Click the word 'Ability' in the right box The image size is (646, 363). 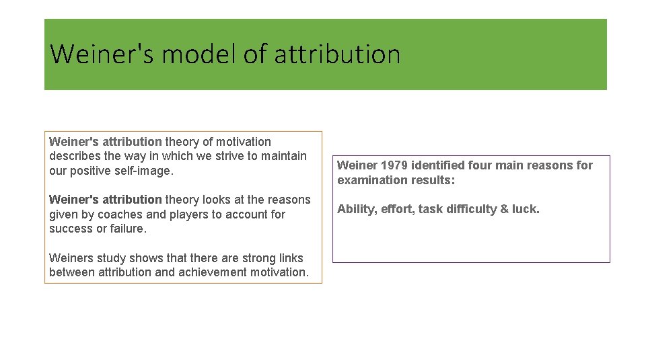(x=356, y=209)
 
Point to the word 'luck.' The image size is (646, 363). (x=526, y=209)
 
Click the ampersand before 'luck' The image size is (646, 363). (x=503, y=209)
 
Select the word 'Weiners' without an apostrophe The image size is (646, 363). (x=72, y=258)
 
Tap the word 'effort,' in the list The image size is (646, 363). (x=398, y=209)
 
